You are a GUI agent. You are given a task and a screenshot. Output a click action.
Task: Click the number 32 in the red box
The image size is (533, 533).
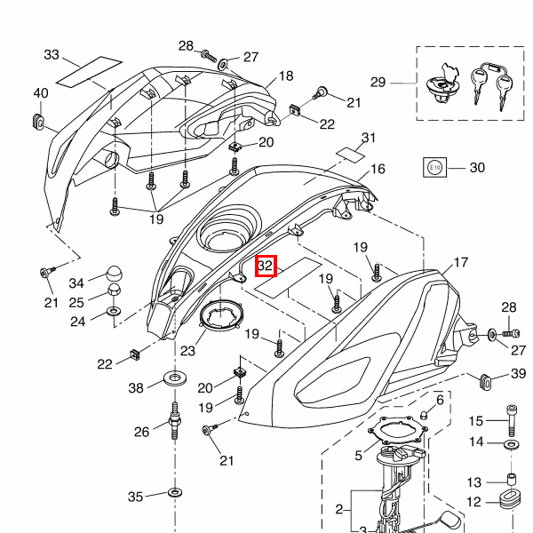[x=266, y=266]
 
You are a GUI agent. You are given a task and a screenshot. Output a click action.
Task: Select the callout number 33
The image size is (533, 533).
[x=52, y=55]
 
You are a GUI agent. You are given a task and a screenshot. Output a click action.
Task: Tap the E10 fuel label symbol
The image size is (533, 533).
[x=434, y=167]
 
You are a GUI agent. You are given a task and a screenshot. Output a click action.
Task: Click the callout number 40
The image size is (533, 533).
[x=41, y=93]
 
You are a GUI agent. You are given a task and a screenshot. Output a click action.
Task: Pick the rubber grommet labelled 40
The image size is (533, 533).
[x=38, y=123]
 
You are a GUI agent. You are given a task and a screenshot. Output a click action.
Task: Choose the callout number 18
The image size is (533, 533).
[x=286, y=76]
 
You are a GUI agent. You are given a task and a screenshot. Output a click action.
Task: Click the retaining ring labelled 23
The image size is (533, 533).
[x=221, y=314]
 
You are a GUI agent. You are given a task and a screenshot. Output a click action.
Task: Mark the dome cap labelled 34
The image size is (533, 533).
[x=114, y=274]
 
